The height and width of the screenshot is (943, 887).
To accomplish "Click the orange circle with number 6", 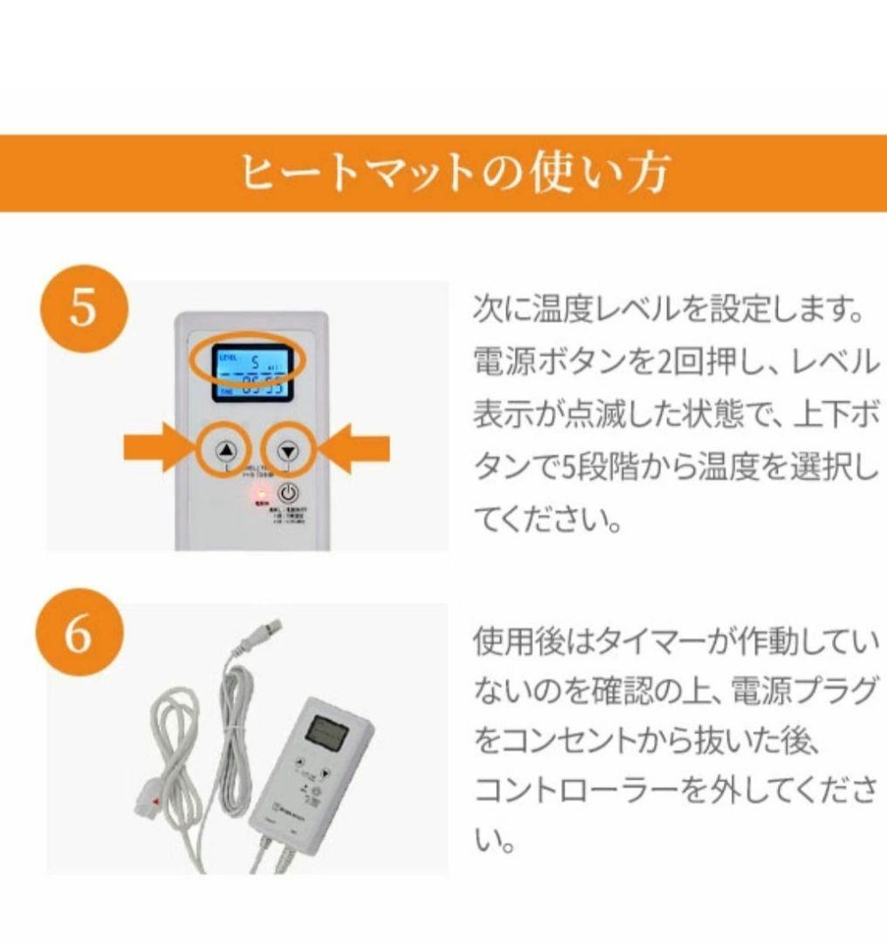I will [79, 636].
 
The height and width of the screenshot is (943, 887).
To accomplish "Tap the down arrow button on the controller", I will [288, 451].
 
